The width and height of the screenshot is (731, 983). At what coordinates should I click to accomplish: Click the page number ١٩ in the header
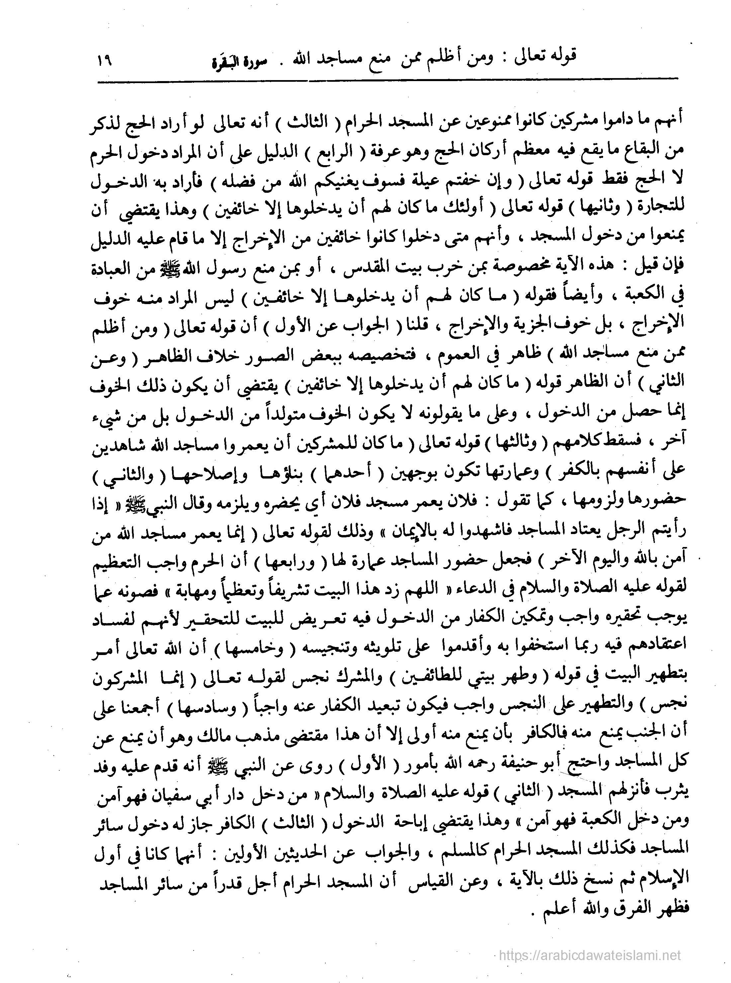point(103,60)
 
